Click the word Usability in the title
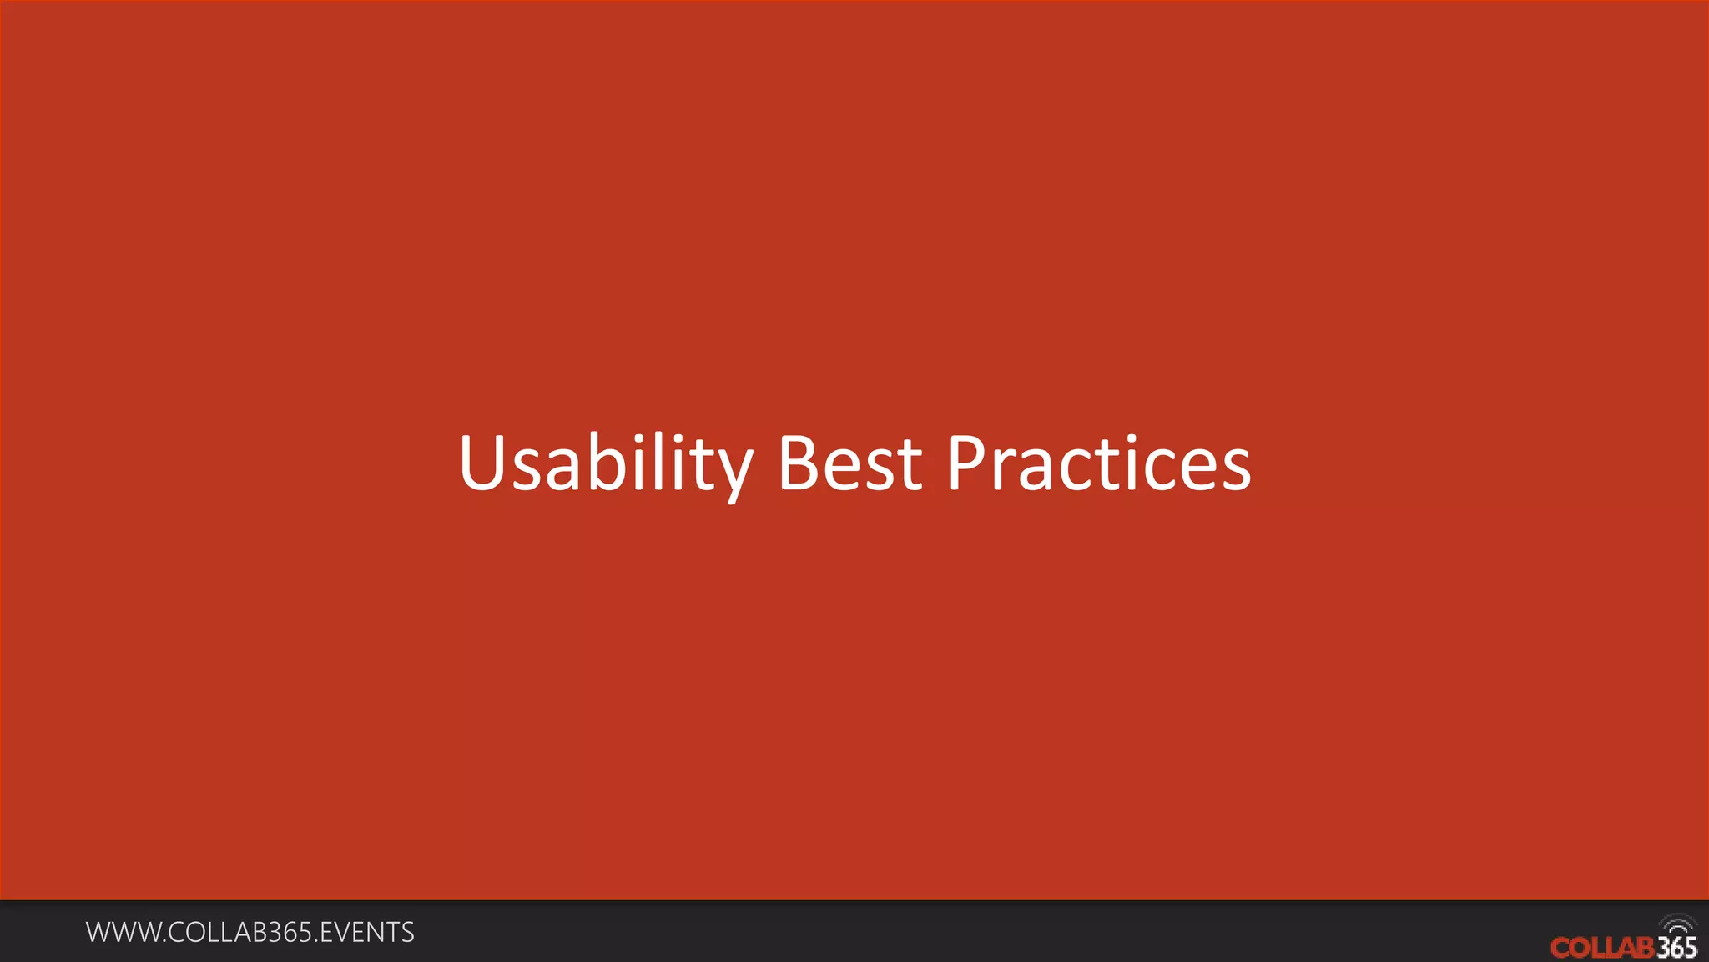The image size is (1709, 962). click(x=605, y=464)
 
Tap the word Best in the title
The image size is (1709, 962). click(x=849, y=464)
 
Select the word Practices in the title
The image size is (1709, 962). click(x=1098, y=464)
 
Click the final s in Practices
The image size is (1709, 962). click(x=1236, y=469)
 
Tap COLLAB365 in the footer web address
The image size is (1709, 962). click(x=241, y=933)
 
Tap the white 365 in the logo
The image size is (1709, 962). click(x=1676, y=948)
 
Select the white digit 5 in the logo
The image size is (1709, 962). click(x=1690, y=948)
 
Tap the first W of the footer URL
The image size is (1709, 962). click(x=98, y=933)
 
